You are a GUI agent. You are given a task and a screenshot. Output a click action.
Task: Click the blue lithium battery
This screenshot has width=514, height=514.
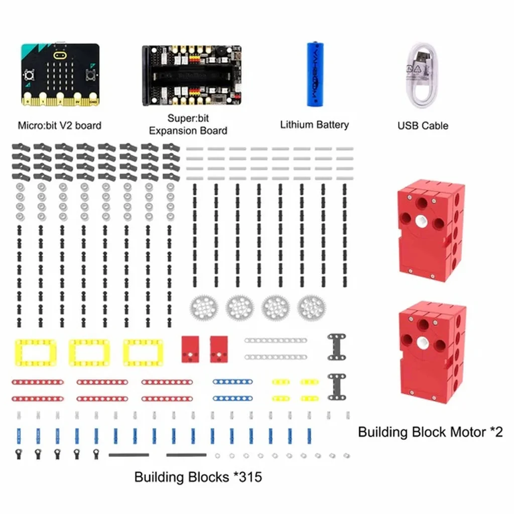click(315, 74)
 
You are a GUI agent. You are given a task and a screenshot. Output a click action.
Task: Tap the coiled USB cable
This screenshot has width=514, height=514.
click(422, 76)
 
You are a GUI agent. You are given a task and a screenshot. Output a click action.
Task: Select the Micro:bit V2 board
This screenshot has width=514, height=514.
click(60, 74)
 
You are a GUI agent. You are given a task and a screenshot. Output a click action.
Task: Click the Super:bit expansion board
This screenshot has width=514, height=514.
click(192, 75)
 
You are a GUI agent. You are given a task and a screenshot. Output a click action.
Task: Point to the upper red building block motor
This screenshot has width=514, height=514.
click(431, 231)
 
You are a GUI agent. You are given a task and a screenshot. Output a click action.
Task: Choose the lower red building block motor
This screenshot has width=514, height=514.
click(432, 353)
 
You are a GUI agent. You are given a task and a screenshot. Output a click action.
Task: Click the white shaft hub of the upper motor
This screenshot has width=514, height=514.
click(421, 221)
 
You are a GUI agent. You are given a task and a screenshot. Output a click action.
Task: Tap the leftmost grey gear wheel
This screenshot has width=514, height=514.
click(204, 308)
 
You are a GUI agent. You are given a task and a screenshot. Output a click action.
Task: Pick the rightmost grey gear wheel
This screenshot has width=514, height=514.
click(311, 308)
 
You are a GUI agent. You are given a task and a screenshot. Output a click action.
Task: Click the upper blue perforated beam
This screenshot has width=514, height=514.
click(233, 381)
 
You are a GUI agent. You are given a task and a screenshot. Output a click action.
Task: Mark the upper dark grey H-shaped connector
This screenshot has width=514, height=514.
click(337, 347)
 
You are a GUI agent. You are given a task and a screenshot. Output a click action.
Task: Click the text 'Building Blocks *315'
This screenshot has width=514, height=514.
click(198, 477)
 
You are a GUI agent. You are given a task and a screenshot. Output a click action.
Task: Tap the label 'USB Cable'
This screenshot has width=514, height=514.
click(423, 125)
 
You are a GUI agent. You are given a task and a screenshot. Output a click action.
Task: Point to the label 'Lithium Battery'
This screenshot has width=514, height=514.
click(314, 125)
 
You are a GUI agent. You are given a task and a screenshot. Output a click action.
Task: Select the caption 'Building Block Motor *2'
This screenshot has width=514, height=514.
click(430, 432)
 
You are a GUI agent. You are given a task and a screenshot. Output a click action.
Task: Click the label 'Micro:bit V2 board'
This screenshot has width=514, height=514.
click(60, 125)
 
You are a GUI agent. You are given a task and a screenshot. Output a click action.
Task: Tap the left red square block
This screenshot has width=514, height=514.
click(190, 349)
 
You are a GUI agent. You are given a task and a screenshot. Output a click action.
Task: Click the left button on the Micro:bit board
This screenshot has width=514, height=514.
click(29, 76)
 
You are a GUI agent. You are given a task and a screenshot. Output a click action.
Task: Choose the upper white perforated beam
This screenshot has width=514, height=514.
click(276, 341)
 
